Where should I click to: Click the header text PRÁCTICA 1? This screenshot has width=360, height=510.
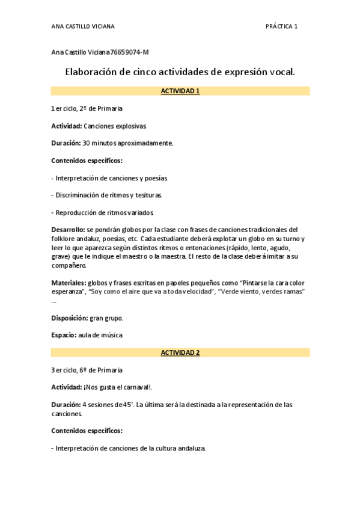(x=281, y=26)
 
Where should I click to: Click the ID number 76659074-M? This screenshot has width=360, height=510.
(x=129, y=53)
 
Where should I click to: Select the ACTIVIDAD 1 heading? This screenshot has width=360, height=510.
(x=180, y=91)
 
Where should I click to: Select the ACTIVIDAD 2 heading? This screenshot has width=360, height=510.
(x=180, y=353)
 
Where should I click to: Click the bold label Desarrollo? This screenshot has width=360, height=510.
(x=68, y=230)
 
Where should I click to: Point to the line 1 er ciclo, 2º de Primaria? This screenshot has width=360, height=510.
(x=87, y=109)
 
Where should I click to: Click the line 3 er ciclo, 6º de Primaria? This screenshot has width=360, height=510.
(x=87, y=370)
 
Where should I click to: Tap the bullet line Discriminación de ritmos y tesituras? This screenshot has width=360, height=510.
(x=109, y=195)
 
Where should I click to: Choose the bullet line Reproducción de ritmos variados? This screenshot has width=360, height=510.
(x=105, y=213)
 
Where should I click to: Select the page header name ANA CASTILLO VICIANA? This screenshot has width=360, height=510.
(x=83, y=26)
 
